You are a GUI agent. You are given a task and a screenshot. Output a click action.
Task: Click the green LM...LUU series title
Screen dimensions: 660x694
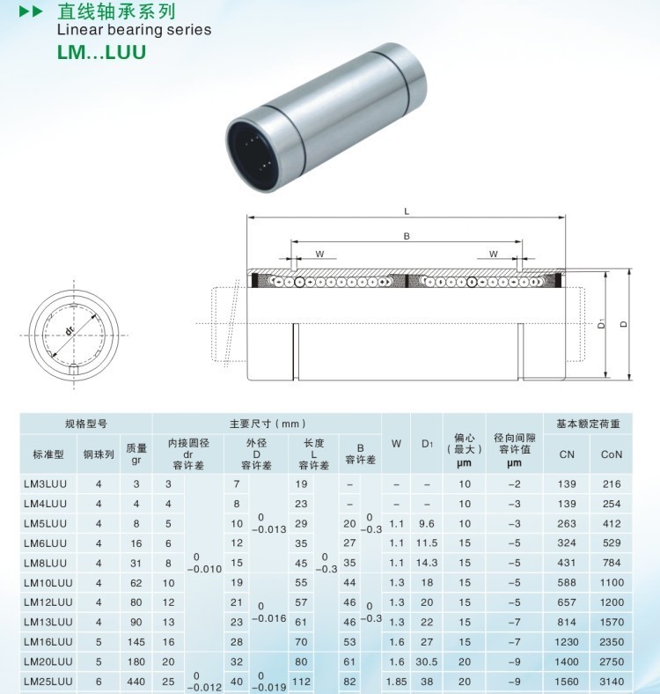click(x=101, y=52)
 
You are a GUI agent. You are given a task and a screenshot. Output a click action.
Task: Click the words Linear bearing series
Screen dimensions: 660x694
click(x=134, y=30)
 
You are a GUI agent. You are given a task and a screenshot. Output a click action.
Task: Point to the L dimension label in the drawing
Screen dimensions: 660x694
click(x=407, y=211)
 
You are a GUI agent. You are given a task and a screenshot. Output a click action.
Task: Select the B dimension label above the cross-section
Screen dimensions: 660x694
click(x=407, y=236)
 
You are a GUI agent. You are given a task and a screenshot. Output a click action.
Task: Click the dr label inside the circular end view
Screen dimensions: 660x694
click(x=70, y=329)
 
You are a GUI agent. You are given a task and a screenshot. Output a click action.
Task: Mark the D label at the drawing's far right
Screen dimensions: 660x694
click(x=624, y=324)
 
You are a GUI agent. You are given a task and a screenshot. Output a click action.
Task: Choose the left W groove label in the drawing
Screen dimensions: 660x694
click(x=319, y=254)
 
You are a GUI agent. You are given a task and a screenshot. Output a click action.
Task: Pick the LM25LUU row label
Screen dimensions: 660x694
click(x=48, y=682)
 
